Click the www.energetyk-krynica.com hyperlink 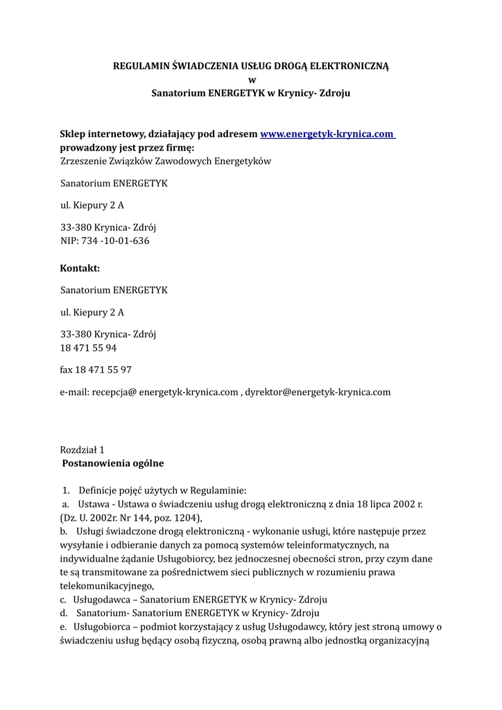[327, 134]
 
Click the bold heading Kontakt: [80, 268]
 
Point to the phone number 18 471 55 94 [88, 347]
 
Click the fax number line [96, 370]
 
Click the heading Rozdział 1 [82, 449]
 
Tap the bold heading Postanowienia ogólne [113, 462]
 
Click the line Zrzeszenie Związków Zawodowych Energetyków [166, 162]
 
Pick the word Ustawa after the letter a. [94, 505]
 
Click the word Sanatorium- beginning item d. [102, 612]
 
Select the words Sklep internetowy [103, 134]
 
